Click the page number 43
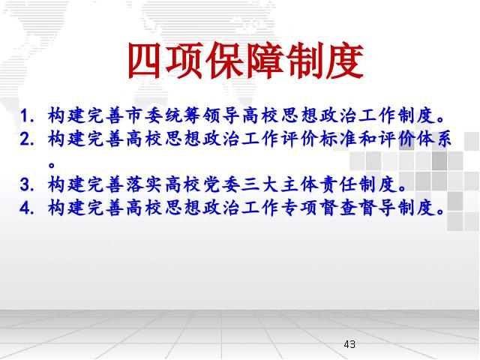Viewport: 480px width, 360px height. [x=349, y=344]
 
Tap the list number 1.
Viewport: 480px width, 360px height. [x=26, y=116]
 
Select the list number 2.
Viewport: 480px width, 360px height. [x=26, y=139]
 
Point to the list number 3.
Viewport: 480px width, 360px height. [x=26, y=185]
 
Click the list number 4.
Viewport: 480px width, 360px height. [x=26, y=208]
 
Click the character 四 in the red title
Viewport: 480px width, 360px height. [x=145, y=61]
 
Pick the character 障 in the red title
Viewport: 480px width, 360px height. [x=262, y=61]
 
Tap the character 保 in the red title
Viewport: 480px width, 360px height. [x=223, y=61]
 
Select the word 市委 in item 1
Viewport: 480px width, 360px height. [x=142, y=115]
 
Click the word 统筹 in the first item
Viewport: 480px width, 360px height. [x=181, y=115]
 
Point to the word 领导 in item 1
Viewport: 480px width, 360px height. [x=221, y=115]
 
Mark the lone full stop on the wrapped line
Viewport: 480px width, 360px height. [x=52, y=165]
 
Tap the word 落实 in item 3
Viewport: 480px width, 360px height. [x=142, y=184]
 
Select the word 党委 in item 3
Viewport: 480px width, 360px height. [x=221, y=184]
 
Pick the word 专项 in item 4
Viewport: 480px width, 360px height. [x=299, y=208]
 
